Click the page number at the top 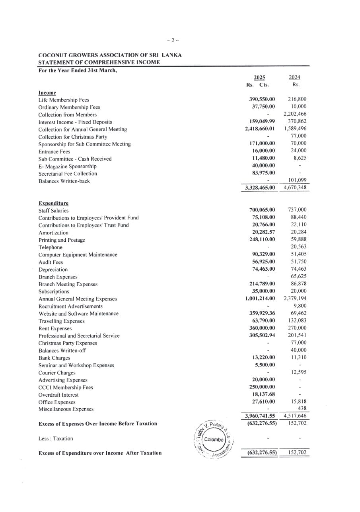(173, 40)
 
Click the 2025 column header (260, 78)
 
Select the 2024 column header (294, 78)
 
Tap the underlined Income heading (47, 93)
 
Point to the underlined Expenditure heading (53, 203)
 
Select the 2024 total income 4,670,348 (295, 188)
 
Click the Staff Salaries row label (53, 211)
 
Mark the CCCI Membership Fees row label (66, 388)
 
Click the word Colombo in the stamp (214, 439)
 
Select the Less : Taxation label (56, 438)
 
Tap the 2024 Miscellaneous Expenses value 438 (302, 409)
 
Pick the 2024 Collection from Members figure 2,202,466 (295, 114)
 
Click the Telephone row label (51, 247)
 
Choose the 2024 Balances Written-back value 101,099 (297, 180)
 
